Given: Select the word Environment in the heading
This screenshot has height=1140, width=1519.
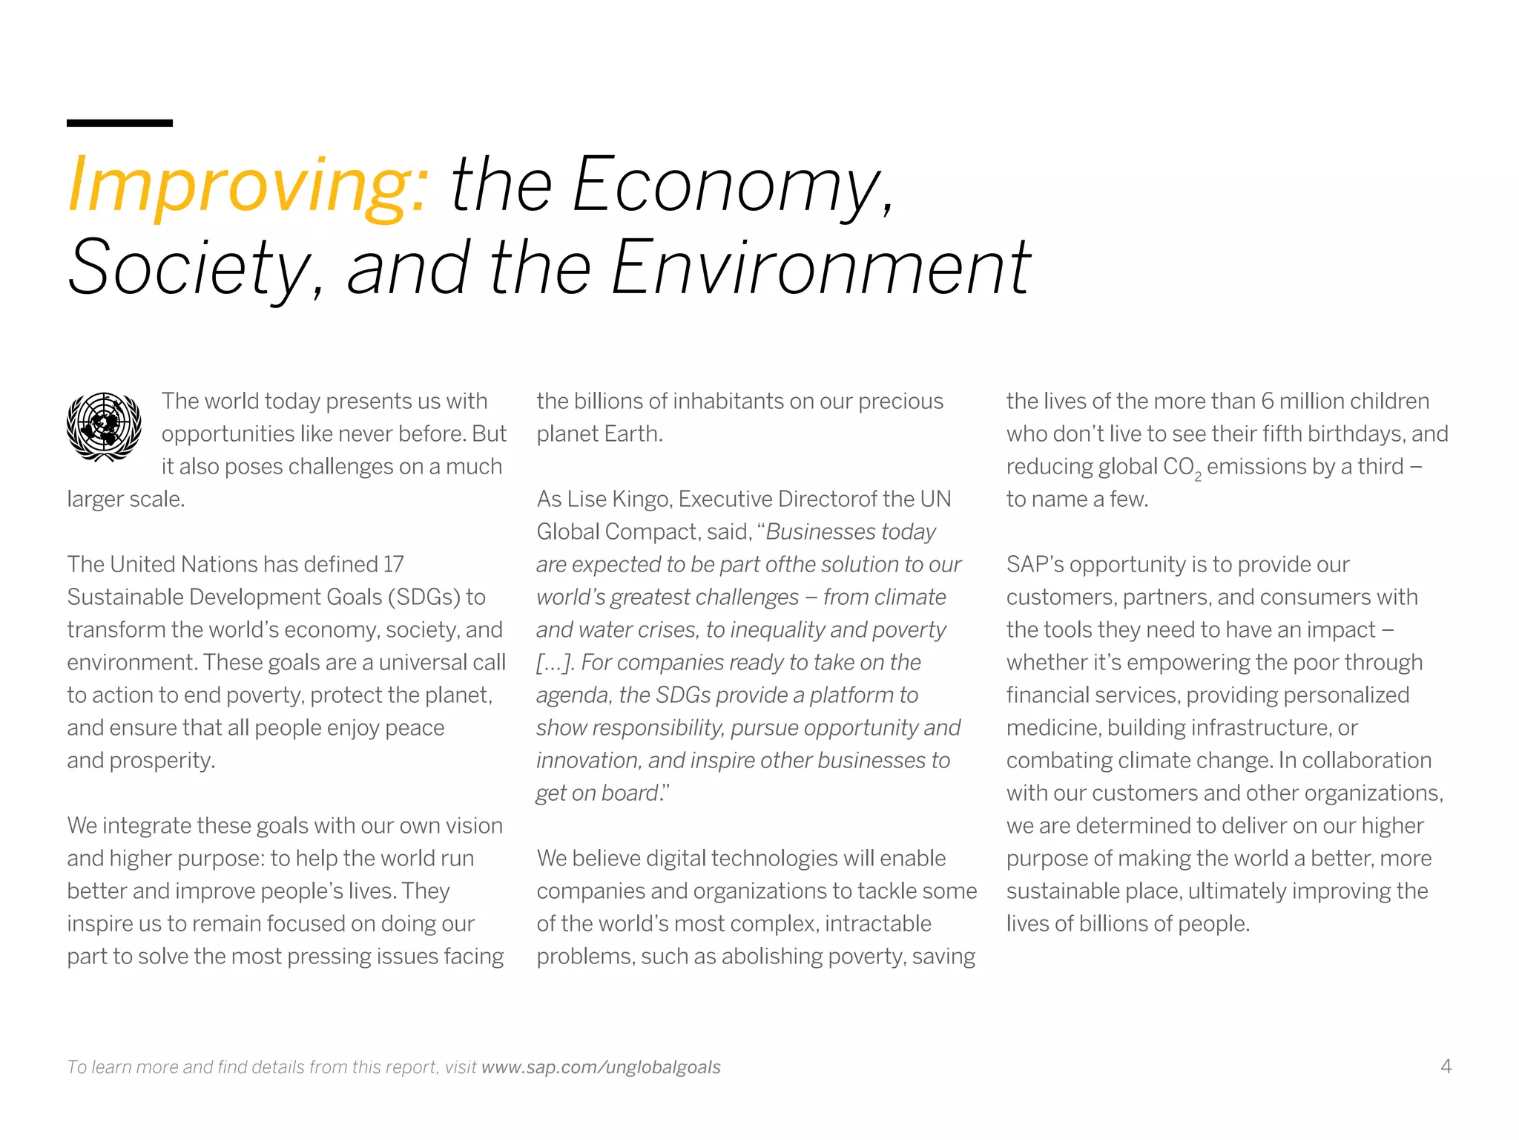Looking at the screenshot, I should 820,267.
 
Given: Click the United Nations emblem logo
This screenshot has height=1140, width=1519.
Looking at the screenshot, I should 104,426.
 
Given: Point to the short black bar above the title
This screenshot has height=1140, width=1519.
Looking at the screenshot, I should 119,122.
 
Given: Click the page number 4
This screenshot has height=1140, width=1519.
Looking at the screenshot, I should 1446,1067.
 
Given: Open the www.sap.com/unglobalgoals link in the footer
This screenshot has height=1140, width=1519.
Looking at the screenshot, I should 601,1067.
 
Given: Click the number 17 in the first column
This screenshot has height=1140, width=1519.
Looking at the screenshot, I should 393,564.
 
